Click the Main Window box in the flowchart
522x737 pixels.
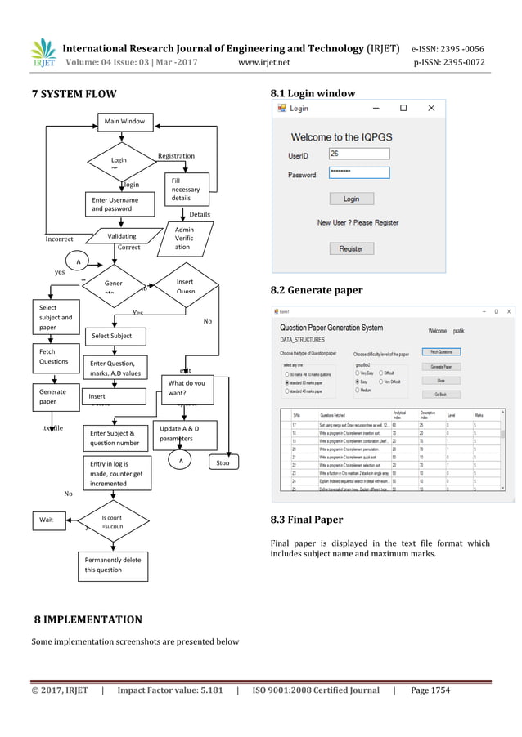click(x=124, y=122)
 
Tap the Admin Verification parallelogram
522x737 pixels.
click(x=183, y=239)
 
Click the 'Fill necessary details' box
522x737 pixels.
click(x=187, y=189)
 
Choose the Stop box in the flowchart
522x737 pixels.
click(x=223, y=462)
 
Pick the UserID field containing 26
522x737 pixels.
click(x=359, y=154)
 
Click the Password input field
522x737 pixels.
click(x=359, y=173)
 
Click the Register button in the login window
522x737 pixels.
click(x=351, y=248)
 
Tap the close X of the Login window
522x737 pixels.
click(x=431, y=108)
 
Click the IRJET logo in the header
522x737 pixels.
click(x=43, y=55)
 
